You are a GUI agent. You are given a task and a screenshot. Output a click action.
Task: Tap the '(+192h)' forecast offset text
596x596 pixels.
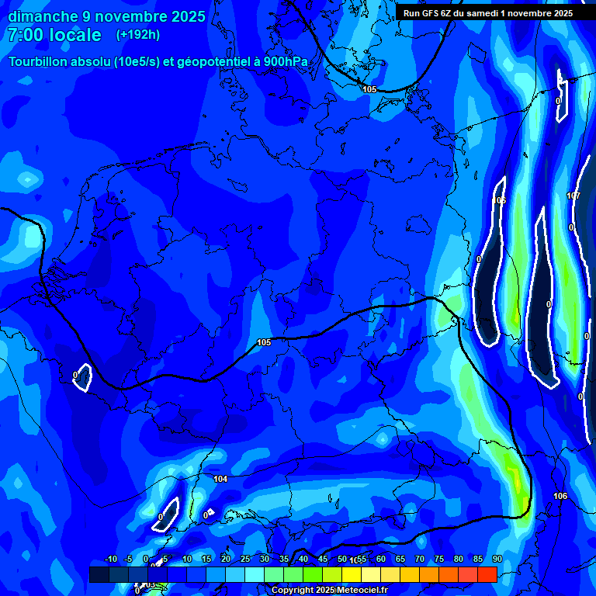138,35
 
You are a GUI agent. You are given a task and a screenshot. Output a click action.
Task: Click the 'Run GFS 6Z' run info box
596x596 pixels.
487,12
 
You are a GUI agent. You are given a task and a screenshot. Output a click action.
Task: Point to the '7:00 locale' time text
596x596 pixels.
54,35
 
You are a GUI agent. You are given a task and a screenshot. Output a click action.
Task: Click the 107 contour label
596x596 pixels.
573,196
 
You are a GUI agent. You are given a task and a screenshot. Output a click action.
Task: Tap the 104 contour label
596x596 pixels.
220,479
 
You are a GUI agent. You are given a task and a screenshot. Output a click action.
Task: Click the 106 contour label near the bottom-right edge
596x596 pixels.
560,496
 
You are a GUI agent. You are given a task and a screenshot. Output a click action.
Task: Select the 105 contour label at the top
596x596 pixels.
369,89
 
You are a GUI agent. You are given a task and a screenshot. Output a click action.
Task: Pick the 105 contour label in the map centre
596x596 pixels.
264,342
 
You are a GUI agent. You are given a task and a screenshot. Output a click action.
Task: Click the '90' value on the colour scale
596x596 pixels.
497,560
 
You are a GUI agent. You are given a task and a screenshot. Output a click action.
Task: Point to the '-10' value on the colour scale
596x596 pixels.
110,560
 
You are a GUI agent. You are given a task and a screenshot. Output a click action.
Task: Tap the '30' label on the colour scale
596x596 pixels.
265,560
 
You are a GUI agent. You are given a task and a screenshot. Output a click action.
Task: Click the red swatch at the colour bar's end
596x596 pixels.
487,574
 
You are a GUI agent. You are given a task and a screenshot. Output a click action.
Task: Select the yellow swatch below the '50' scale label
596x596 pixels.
351,574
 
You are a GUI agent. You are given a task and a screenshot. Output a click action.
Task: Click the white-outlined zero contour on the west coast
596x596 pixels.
81,378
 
